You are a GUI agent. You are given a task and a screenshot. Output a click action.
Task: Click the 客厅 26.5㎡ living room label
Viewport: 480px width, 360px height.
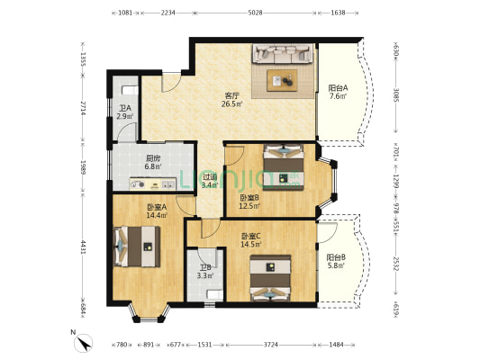231,100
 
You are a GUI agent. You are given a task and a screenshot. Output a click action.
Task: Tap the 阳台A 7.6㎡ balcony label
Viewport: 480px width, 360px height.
338,92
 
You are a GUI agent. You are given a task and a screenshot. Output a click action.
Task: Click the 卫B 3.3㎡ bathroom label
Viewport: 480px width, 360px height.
205,272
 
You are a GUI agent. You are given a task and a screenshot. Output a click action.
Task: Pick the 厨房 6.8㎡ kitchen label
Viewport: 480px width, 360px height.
153,162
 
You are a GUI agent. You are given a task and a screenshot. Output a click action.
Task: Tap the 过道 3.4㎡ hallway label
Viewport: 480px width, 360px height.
209,181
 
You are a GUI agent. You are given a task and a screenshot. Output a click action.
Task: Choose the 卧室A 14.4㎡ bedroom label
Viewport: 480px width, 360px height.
158,211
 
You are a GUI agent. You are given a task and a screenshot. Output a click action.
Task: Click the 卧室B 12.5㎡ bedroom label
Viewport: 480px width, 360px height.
249,202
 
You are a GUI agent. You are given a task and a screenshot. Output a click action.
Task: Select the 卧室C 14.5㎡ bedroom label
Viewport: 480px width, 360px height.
250,240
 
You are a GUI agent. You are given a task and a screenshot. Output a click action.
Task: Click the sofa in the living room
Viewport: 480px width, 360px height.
285,56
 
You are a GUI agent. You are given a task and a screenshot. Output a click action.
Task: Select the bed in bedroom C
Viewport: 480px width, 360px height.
271,278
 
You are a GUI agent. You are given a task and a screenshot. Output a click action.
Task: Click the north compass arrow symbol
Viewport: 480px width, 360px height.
84,343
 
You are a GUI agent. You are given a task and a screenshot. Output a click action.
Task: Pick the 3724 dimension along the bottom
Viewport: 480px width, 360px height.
269,344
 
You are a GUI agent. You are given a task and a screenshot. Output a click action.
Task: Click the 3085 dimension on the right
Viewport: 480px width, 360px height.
394,93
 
